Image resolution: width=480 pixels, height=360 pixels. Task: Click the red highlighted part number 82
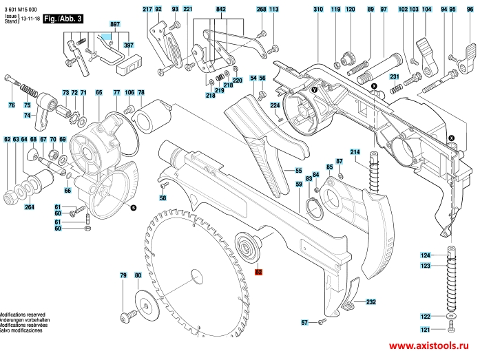(259, 272)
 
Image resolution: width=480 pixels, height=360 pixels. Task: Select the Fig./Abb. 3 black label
(63, 19)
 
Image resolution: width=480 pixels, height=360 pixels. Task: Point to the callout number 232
(371, 302)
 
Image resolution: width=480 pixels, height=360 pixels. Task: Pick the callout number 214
(355, 151)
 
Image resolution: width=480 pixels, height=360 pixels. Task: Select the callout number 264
(29, 207)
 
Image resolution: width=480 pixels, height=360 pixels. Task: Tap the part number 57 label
(304, 322)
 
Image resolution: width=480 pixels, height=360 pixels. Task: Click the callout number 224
(274, 105)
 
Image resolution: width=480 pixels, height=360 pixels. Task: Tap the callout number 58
(163, 198)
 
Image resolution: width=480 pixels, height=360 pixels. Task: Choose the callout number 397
(128, 45)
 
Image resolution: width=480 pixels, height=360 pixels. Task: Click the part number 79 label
(123, 275)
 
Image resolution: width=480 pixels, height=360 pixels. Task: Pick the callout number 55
(299, 171)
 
